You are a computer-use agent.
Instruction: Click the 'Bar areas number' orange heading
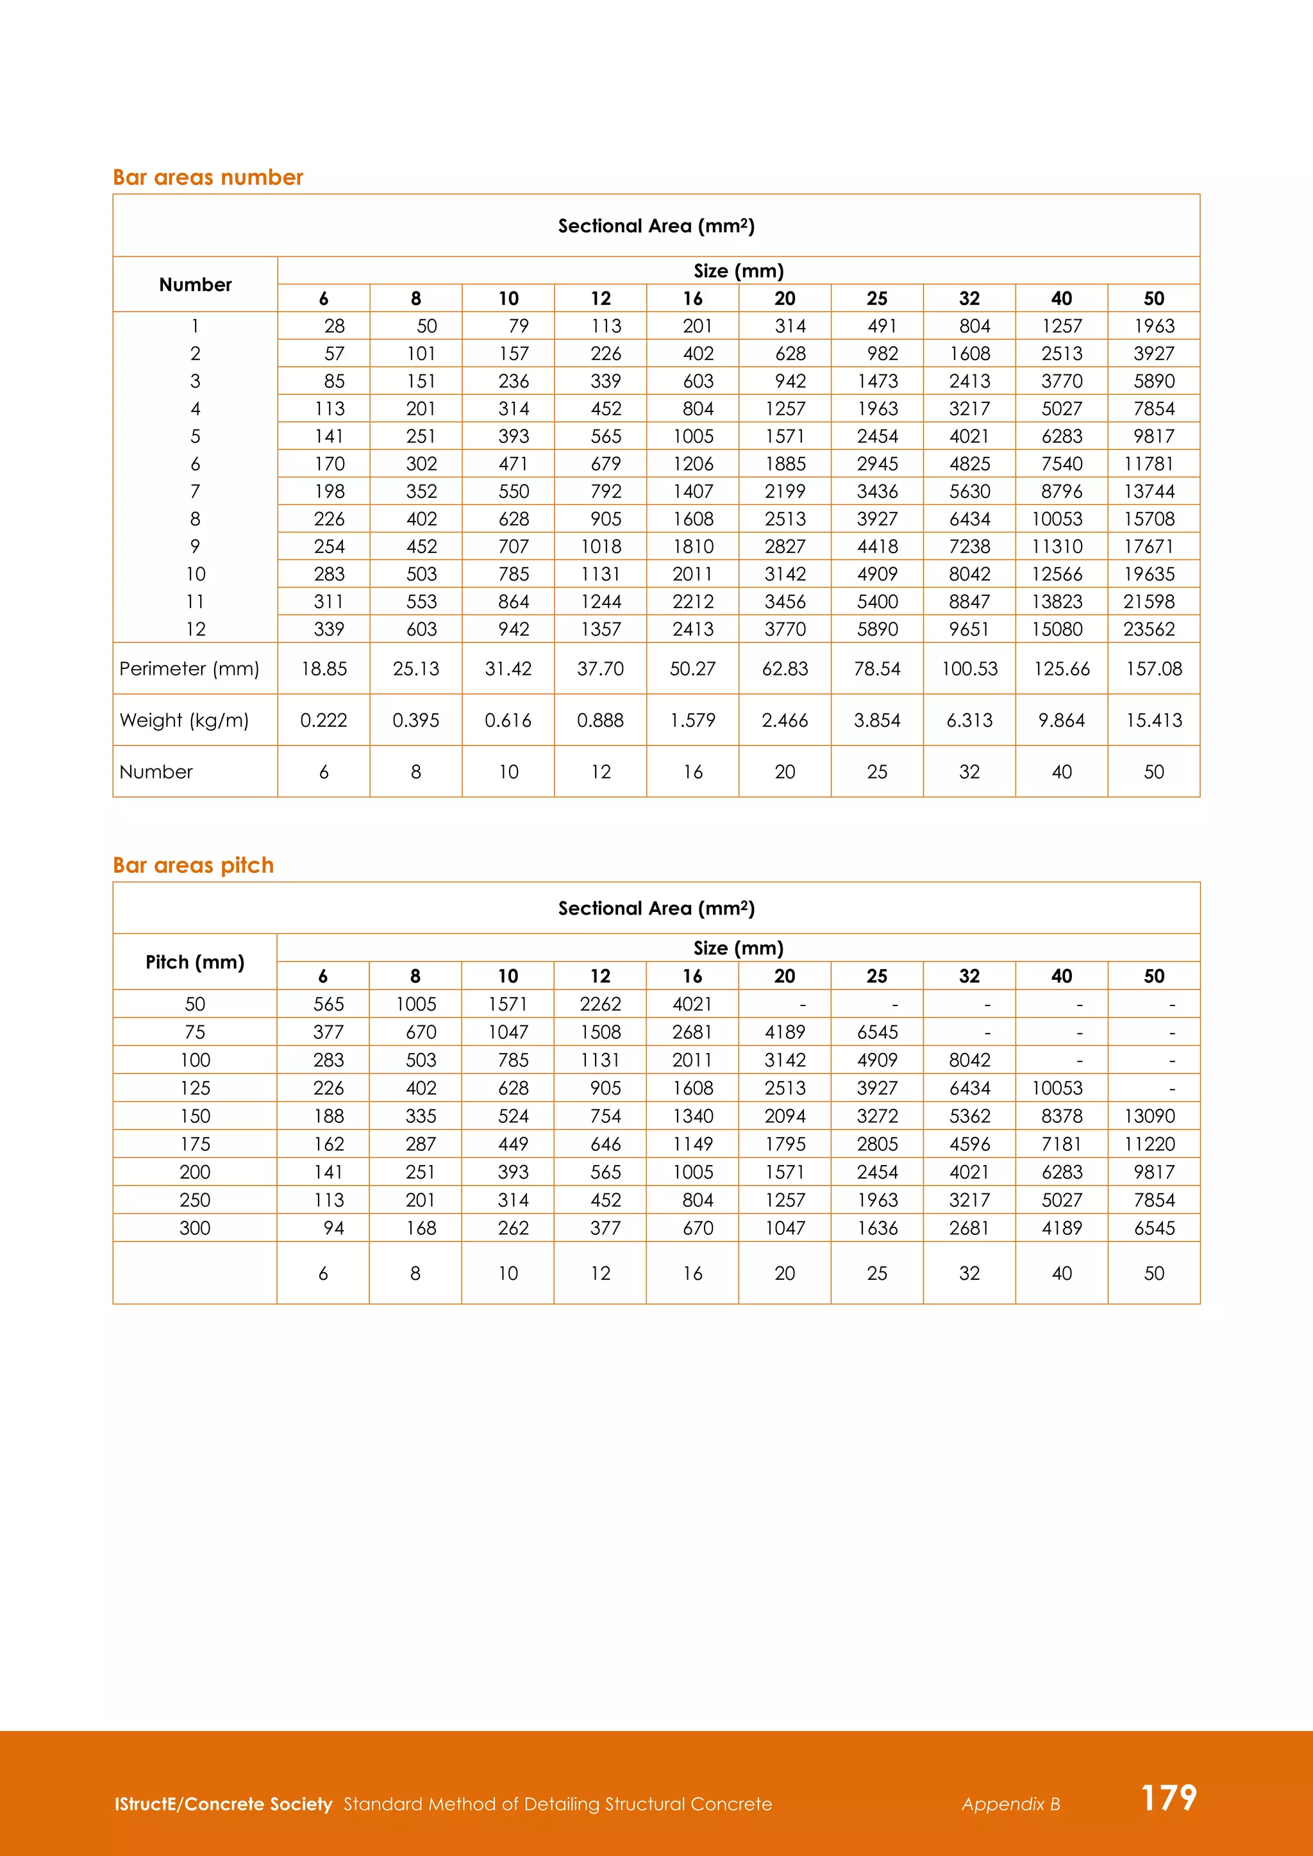click(x=208, y=177)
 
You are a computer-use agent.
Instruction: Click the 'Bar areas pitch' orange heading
click(x=193, y=865)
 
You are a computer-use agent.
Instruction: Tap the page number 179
click(x=1168, y=1798)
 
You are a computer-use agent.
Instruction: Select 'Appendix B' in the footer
click(x=1010, y=1804)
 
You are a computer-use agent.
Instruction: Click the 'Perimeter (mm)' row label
click(x=189, y=668)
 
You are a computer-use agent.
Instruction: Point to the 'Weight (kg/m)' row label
click(x=185, y=720)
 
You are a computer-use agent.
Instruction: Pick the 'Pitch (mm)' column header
click(x=195, y=962)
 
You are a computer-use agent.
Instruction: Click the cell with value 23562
click(x=1149, y=629)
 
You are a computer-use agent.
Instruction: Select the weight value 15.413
click(x=1154, y=720)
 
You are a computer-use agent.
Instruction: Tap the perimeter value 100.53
click(x=969, y=668)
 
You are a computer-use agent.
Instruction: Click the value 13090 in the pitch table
click(x=1149, y=1116)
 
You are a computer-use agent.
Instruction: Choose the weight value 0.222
click(x=323, y=720)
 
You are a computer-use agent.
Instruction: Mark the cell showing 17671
click(x=1149, y=547)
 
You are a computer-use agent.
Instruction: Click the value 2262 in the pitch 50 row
click(x=601, y=1004)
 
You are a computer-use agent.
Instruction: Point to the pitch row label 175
click(x=195, y=1144)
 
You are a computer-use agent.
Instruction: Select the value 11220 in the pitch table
click(x=1149, y=1144)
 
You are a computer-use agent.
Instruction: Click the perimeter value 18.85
click(x=323, y=668)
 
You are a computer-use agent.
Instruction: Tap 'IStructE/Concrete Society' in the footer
click(x=223, y=1804)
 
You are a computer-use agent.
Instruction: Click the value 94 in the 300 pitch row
click(x=334, y=1228)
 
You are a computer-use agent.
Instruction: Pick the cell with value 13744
click(x=1149, y=492)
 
